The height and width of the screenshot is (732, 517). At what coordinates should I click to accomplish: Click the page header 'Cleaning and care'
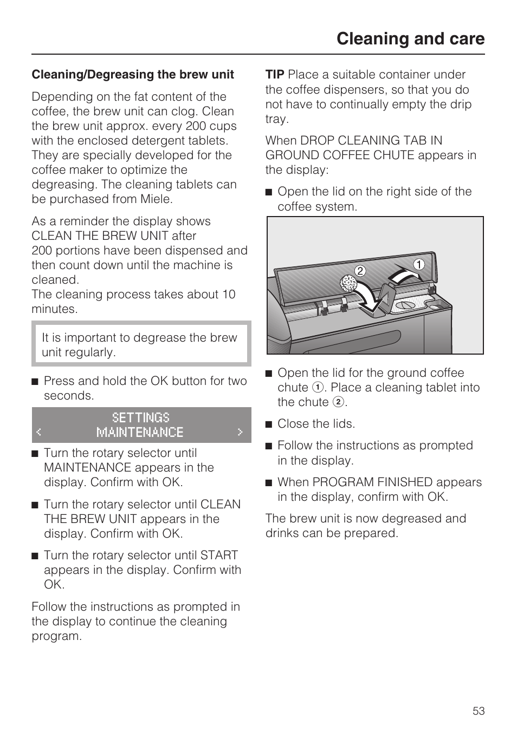410,39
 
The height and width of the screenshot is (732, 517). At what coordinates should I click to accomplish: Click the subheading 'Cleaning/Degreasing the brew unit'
133,75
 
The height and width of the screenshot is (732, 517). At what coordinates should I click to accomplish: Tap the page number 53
479,711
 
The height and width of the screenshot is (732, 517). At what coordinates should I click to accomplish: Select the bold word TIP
275,75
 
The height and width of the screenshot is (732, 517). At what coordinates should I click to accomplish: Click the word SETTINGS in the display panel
141,417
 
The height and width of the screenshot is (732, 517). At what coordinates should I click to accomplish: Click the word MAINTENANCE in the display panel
140,432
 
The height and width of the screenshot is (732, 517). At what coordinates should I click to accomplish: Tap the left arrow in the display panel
38,432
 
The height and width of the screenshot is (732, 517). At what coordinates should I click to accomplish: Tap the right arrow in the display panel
240,432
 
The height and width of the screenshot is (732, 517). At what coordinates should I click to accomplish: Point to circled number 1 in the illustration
419,265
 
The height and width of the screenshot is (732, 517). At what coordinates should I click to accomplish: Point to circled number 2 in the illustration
360,271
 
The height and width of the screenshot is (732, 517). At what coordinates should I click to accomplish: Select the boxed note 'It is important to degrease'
140,345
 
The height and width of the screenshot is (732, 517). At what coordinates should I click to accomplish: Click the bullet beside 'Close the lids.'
268,424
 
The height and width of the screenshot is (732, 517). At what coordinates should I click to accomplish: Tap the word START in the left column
219,555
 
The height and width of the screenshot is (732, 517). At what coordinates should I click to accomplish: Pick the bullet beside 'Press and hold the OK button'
35,382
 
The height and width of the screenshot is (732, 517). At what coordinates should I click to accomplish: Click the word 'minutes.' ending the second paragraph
54,309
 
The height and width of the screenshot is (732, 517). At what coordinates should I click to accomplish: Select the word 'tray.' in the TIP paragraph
277,119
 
